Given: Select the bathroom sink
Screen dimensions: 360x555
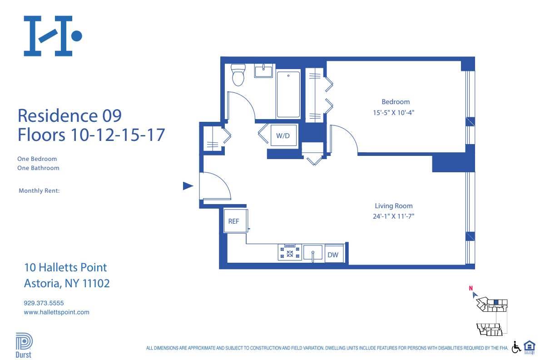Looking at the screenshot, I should (x=263, y=71).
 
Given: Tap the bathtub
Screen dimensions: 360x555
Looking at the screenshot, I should (x=288, y=94).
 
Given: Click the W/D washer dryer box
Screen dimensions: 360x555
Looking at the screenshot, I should (x=283, y=135).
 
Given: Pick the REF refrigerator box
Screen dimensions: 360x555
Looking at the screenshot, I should (x=233, y=221).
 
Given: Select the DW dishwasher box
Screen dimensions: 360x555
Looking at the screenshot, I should (x=333, y=255).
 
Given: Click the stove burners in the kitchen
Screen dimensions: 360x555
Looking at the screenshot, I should (x=290, y=252).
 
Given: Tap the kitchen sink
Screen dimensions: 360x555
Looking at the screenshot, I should (x=313, y=253).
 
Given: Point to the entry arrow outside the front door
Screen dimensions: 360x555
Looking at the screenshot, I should (x=188, y=186).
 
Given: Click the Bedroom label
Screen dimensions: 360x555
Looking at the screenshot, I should (x=395, y=102).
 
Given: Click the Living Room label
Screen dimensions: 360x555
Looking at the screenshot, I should (x=394, y=206).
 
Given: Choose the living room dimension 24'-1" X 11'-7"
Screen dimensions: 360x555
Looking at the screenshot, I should (x=394, y=216).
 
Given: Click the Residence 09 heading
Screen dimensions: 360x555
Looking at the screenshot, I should (x=69, y=115).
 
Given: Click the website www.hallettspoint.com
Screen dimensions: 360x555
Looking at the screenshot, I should (x=56, y=312).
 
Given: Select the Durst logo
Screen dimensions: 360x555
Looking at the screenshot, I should (x=24, y=346).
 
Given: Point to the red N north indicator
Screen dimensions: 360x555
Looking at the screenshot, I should (x=471, y=288).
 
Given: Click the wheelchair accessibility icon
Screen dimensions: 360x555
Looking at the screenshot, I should (x=516, y=347).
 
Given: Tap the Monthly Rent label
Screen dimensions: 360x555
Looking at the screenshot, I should (x=39, y=191).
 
